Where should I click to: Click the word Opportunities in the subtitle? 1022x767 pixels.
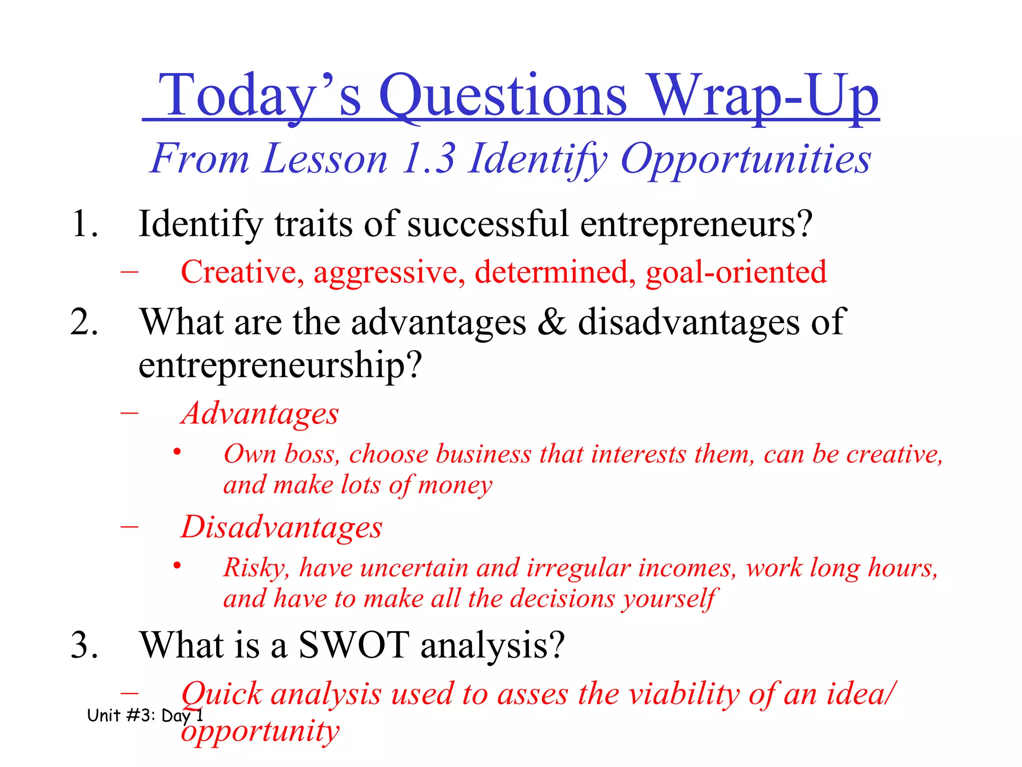pos(746,159)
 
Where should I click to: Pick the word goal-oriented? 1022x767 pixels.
pos(736,272)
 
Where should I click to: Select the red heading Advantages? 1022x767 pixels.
pos(260,413)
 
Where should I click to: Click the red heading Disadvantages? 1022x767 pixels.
pos(281,527)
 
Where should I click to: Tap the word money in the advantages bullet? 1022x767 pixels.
pos(455,485)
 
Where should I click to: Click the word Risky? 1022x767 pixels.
pos(255,568)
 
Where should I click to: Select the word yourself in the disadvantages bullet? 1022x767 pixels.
pos(669,598)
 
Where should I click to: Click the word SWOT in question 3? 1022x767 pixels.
pos(353,645)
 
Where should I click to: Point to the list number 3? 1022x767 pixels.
pos(84,645)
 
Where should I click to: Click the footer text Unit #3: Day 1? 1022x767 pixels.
pos(145,716)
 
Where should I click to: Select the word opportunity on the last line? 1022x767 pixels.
pos(260,732)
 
